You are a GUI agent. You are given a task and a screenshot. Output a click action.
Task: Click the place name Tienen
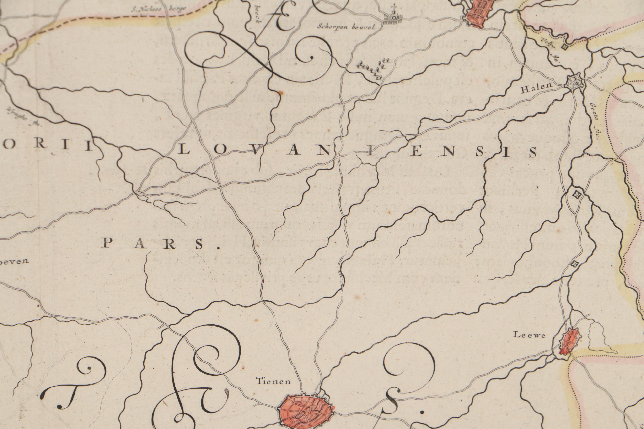(x=273, y=381)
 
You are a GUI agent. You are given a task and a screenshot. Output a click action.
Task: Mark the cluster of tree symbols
(x=372, y=68)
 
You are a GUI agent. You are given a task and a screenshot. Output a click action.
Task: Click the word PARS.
(x=161, y=243)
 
